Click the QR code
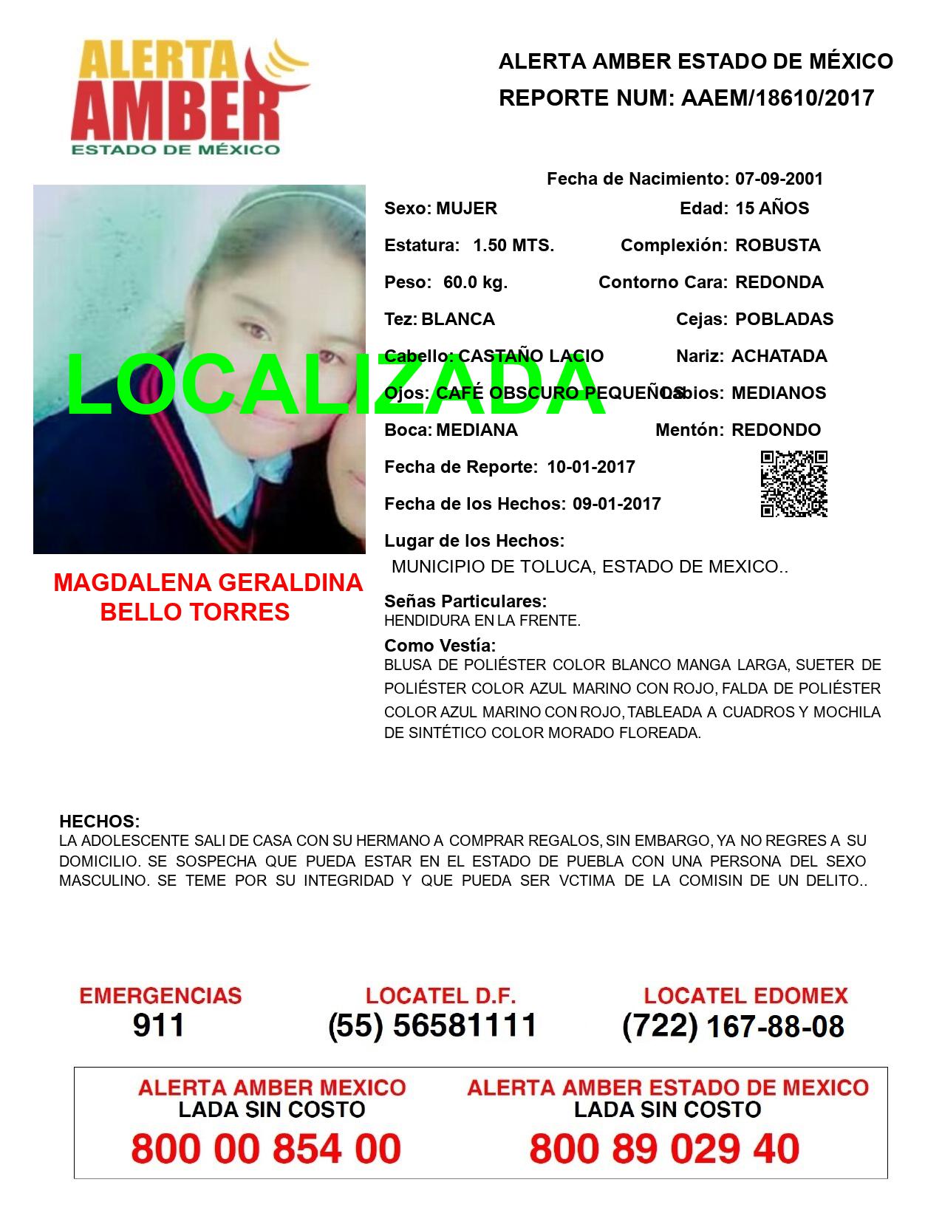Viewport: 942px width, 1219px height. pyautogui.click(x=793, y=484)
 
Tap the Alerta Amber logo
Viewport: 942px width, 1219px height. pyautogui.click(x=189, y=97)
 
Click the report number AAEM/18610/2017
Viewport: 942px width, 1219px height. pyautogui.click(x=777, y=98)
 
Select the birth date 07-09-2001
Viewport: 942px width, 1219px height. pyautogui.click(x=779, y=179)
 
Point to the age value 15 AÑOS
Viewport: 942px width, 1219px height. pyautogui.click(x=772, y=208)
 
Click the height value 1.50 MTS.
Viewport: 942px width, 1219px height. pyautogui.click(x=513, y=245)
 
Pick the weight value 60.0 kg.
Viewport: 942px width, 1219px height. pyautogui.click(x=475, y=282)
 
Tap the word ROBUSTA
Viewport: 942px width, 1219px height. pyautogui.click(x=777, y=245)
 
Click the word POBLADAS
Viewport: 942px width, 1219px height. pyautogui.click(x=784, y=319)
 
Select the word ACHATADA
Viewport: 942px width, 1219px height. pyautogui.click(x=779, y=356)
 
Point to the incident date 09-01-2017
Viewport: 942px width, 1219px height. pyautogui.click(x=616, y=504)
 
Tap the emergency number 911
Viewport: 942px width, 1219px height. pyautogui.click(x=159, y=1025)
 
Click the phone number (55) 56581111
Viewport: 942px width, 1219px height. pyautogui.click(x=432, y=1025)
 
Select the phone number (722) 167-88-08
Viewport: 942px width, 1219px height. pyautogui.click(x=733, y=1026)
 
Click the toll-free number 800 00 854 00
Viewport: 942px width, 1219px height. pyautogui.click(x=266, y=1149)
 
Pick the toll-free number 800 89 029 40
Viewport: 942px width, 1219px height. pyautogui.click(x=664, y=1149)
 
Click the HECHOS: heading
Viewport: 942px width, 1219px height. pyautogui.click(x=99, y=822)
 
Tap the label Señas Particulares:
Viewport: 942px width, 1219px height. pyautogui.click(x=465, y=601)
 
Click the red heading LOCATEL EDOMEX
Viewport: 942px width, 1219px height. pyautogui.click(x=745, y=996)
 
